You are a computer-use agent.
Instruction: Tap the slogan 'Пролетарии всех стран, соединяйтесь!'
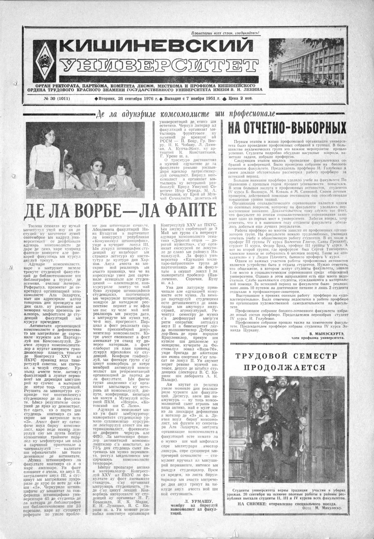click(225, 33)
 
